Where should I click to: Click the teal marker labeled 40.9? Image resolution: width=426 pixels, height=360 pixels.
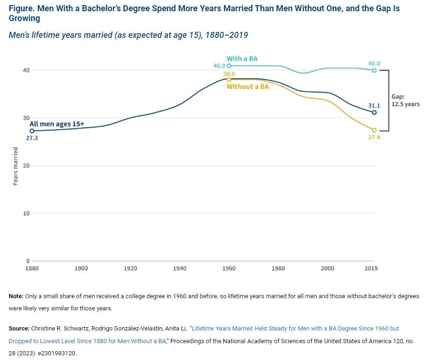229,66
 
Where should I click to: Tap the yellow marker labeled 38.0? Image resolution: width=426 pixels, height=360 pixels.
229,80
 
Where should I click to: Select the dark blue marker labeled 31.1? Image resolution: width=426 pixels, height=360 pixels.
374,112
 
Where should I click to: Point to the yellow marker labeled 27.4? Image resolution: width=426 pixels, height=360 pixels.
374,130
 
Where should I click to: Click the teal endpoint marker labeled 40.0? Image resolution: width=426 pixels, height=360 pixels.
374,70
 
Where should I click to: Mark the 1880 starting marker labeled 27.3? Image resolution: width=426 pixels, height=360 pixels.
32,131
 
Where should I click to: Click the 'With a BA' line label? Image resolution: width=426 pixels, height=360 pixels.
242,59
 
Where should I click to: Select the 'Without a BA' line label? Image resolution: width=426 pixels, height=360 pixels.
248,87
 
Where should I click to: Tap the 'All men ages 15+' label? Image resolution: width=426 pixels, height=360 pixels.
57,124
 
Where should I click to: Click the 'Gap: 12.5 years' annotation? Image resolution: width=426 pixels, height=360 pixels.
405,101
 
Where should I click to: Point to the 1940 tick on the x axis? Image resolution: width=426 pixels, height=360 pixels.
180,269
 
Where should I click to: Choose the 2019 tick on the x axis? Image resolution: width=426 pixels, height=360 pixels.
371,269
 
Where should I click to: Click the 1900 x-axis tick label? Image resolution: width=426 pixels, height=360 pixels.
81,269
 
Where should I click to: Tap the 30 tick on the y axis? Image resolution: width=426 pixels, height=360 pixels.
27,118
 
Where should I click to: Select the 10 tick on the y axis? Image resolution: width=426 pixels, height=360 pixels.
27,213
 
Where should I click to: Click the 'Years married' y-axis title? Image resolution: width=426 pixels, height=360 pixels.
15,166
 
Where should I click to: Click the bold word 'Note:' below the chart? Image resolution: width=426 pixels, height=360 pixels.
16,296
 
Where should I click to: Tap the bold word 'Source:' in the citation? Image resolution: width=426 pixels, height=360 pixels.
19,329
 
